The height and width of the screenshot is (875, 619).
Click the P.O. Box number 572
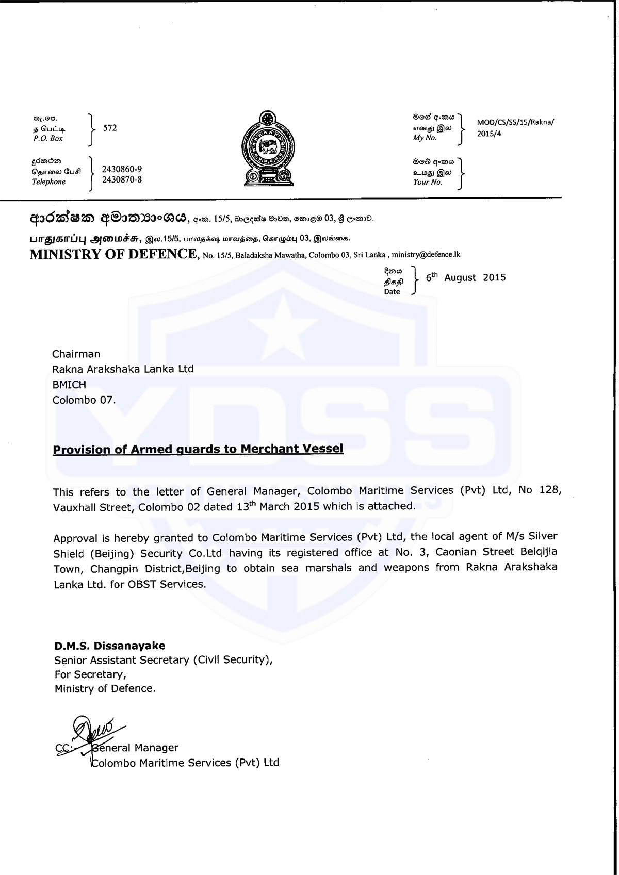(110, 128)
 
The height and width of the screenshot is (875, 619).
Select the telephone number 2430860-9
(122, 169)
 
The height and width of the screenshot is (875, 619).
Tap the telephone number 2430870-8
(122, 179)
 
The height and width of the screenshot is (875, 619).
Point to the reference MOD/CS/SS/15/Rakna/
(515, 123)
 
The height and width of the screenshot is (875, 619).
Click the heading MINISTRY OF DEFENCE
(113, 254)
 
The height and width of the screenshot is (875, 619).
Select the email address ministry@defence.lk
(426, 255)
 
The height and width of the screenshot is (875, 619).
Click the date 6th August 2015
(466, 277)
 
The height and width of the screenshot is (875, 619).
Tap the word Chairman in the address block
(76, 354)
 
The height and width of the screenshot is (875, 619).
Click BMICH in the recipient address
(69, 385)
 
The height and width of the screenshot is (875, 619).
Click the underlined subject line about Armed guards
(198, 449)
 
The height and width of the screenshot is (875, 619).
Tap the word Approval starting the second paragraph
(75, 538)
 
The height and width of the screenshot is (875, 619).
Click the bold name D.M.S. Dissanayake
(110, 646)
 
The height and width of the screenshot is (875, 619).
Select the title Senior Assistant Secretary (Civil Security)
(163, 660)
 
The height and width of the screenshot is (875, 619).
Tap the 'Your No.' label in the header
(428, 182)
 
